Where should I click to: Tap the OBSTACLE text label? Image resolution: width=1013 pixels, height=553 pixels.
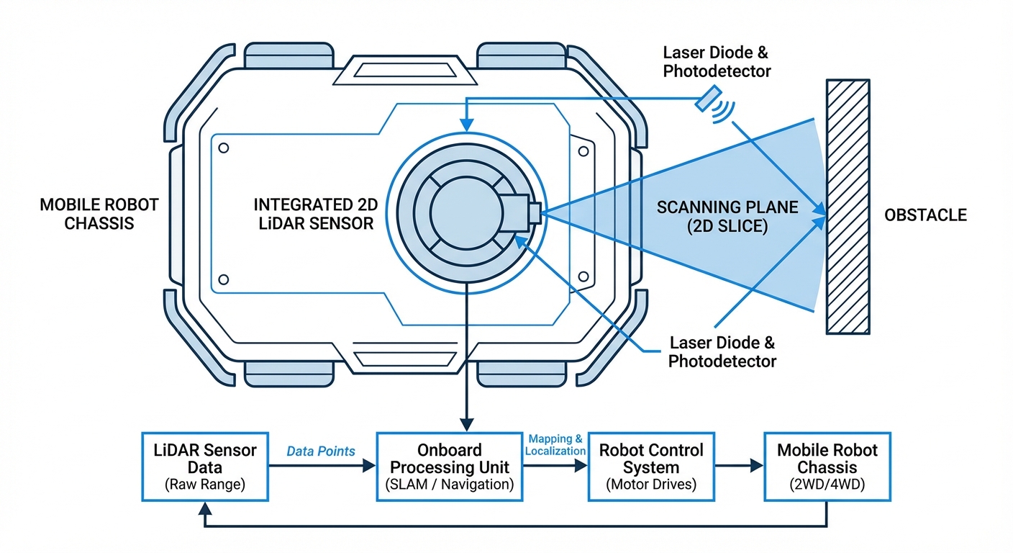point(925,215)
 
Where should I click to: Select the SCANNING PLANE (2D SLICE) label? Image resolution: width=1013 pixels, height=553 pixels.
point(727,216)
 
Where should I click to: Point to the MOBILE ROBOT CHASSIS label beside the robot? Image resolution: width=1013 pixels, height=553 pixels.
point(99,214)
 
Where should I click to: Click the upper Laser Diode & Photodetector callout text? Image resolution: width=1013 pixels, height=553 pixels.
point(717,62)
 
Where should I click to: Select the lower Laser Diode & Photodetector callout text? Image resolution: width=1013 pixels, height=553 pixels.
point(722,351)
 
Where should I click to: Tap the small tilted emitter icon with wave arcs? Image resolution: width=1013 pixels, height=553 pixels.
point(709,100)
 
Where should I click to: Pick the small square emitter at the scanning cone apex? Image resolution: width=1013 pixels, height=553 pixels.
point(534,213)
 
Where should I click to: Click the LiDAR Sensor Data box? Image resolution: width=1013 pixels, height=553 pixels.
point(205,467)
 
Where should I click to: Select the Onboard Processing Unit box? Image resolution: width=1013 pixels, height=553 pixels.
point(450,467)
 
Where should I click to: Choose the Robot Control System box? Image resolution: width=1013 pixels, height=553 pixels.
point(650,467)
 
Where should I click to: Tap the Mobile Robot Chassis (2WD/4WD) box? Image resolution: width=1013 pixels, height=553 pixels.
point(827,467)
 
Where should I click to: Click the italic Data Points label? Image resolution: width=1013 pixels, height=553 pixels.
point(321,451)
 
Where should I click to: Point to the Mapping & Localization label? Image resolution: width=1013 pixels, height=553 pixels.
point(555,444)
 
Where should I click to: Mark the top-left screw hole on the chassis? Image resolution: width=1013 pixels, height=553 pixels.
point(224,148)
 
